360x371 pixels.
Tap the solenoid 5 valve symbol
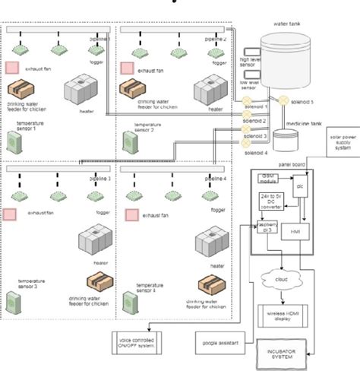pyautogui.click(x=282, y=100)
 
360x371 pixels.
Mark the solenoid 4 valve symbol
pyautogui.click(x=245, y=142)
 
